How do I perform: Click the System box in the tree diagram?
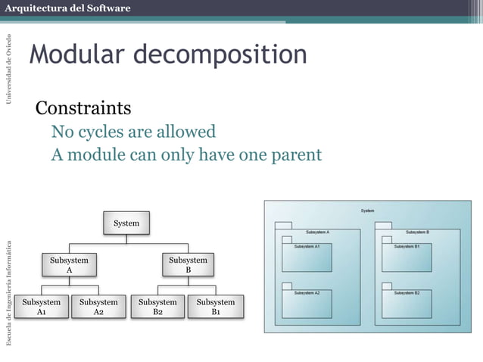point(126,223)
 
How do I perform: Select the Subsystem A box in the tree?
point(69,265)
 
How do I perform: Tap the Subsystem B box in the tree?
point(189,265)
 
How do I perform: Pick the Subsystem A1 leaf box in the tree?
point(41,307)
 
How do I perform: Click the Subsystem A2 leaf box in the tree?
point(98,307)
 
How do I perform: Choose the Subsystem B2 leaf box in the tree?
point(157,307)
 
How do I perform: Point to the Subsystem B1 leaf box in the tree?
point(216,307)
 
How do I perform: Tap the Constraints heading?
point(83,108)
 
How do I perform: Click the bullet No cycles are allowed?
point(133,132)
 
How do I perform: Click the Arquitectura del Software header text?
point(69,8)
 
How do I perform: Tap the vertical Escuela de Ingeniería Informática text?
point(9,292)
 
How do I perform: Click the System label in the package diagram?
point(367,210)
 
